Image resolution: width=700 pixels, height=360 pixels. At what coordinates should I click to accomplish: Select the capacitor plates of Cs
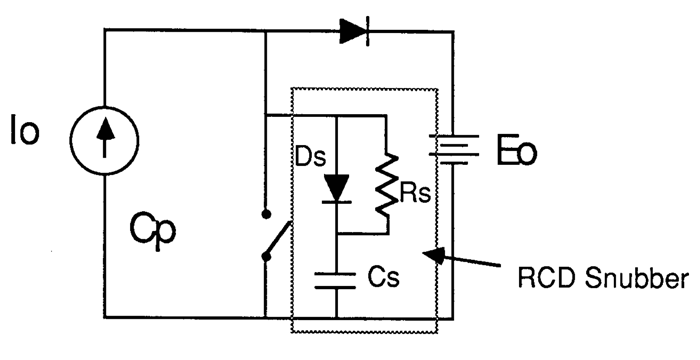point(337,278)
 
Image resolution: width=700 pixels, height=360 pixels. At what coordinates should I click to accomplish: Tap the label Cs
point(382,278)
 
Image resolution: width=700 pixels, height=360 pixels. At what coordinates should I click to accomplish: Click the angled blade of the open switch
point(278,238)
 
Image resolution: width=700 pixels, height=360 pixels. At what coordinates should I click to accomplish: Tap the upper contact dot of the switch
point(265,215)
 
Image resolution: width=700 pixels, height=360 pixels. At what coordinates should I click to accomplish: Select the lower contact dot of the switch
point(265,258)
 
